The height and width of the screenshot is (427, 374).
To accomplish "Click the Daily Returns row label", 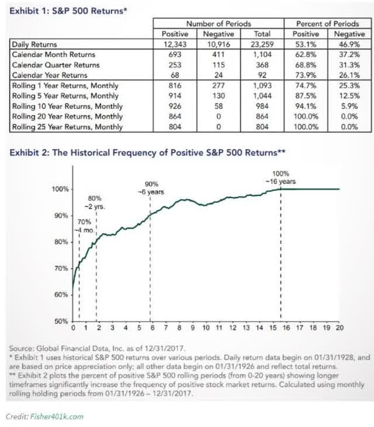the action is click(x=34, y=44).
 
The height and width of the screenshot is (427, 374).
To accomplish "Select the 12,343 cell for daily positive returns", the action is click(x=175, y=44).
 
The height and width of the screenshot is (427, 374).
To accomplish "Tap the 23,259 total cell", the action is click(x=262, y=44).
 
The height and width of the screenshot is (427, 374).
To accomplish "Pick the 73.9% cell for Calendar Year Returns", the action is click(x=306, y=75).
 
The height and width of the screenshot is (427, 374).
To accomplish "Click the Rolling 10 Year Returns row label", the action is click(x=67, y=106).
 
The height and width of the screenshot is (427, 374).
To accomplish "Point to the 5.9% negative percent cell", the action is click(x=349, y=106).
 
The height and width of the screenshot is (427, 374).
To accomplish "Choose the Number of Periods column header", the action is click(x=219, y=24).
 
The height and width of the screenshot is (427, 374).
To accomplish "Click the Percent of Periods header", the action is click(x=327, y=24).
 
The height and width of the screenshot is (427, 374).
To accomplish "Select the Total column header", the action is click(x=262, y=34).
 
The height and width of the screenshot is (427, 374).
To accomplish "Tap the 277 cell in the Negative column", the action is click(x=219, y=85).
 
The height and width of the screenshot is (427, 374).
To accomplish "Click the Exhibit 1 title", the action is click(x=68, y=11).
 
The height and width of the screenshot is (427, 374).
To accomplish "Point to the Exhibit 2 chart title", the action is click(x=147, y=152).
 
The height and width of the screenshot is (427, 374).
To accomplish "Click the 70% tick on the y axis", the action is click(x=61, y=269).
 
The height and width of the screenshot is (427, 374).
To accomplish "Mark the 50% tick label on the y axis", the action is click(x=61, y=321).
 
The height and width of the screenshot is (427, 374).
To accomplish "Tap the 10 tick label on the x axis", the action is click(x=206, y=328).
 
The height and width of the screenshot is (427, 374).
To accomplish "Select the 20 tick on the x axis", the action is click(x=340, y=328).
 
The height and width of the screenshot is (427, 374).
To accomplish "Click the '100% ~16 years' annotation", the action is click(x=280, y=178).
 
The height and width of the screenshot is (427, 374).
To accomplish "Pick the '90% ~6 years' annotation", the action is click(x=151, y=188).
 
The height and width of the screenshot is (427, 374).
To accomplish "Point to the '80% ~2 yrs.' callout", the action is click(x=95, y=203).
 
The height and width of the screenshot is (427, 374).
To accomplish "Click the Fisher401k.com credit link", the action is click(x=57, y=416).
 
